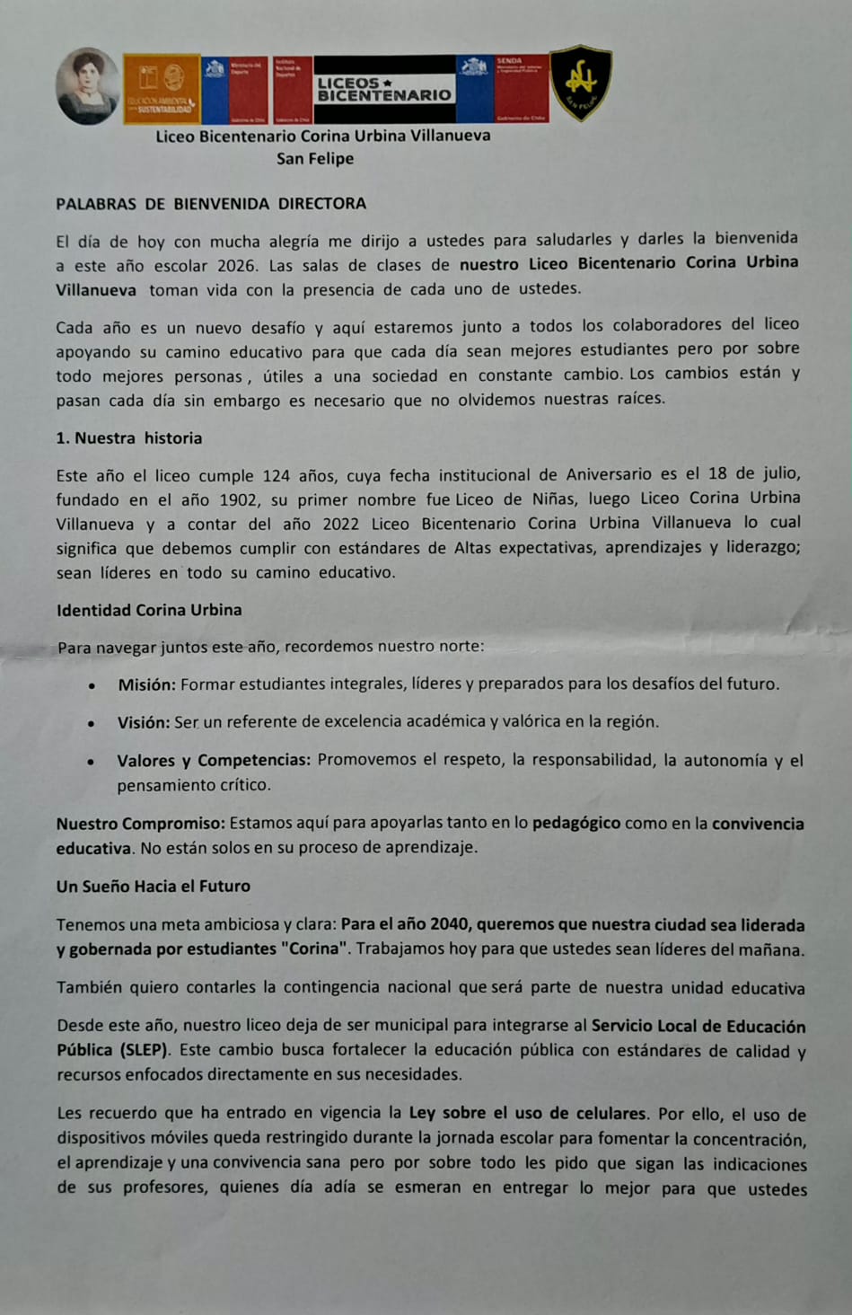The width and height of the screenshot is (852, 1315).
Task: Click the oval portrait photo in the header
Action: coord(87,86)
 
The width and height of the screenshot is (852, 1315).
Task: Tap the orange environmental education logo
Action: coord(162,89)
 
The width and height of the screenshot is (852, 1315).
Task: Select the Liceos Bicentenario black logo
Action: coord(384,89)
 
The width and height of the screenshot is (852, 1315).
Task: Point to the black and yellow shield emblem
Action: coord(581,83)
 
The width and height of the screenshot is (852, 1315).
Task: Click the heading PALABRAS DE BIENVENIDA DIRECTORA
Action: coord(211,204)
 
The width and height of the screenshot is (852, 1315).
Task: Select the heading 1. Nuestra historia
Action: coord(128,438)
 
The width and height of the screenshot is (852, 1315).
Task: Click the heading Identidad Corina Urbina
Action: coord(149,610)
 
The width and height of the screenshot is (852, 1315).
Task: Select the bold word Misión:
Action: coord(146,684)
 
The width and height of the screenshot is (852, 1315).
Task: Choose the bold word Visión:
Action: coord(144,722)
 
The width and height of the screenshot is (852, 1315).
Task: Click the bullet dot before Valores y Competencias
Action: coord(92,762)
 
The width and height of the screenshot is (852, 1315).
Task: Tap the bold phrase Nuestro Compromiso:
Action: coord(140,824)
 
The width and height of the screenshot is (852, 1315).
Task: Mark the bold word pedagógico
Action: coord(575,823)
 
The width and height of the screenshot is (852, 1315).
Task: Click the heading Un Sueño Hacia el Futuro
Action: coord(154,887)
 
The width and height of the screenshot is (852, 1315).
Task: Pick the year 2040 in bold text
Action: coord(450,925)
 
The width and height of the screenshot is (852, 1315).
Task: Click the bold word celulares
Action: coord(610,1114)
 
